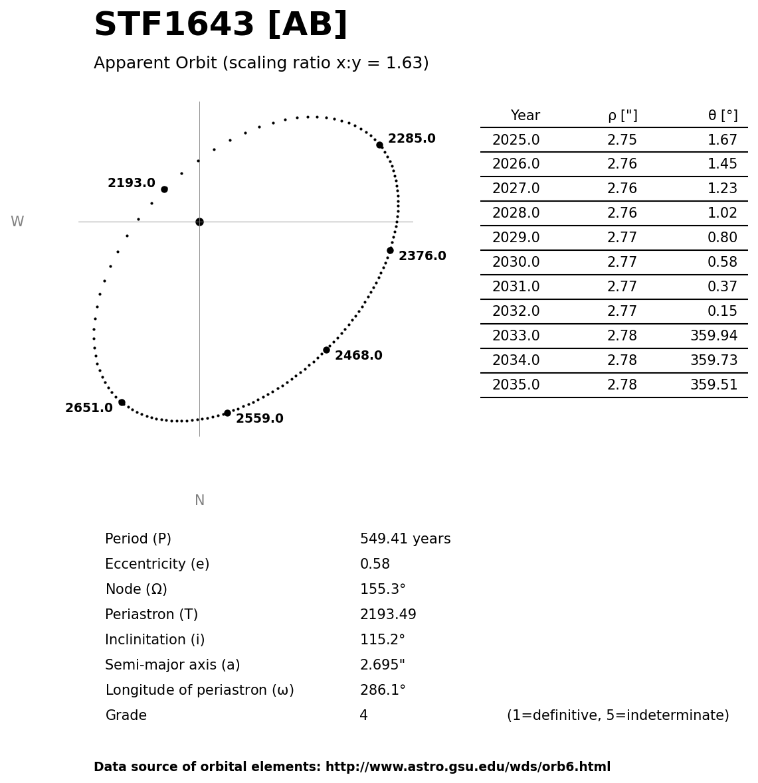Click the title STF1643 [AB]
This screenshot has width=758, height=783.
click(221, 25)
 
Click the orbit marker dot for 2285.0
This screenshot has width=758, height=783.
click(379, 145)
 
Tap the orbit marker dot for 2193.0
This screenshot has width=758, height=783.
click(164, 189)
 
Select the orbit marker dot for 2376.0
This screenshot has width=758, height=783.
click(390, 250)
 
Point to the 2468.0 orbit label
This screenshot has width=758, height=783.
click(358, 356)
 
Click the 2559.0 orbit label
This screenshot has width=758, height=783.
click(259, 419)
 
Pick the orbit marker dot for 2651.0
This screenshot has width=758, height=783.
click(122, 402)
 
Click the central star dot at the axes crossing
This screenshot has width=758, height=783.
click(199, 222)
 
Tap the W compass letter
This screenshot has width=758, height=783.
click(17, 222)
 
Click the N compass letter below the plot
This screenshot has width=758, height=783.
click(199, 500)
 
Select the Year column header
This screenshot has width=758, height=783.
click(525, 115)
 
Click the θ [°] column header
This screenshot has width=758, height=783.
click(722, 115)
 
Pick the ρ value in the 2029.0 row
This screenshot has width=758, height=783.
click(622, 238)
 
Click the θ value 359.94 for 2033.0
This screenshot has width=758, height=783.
click(713, 336)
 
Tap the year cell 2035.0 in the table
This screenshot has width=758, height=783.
click(516, 385)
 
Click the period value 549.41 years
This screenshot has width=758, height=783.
click(405, 539)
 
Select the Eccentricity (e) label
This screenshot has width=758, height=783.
click(157, 564)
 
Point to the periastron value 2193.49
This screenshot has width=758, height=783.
click(388, 614)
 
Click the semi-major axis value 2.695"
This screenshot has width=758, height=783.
click(382, 665)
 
